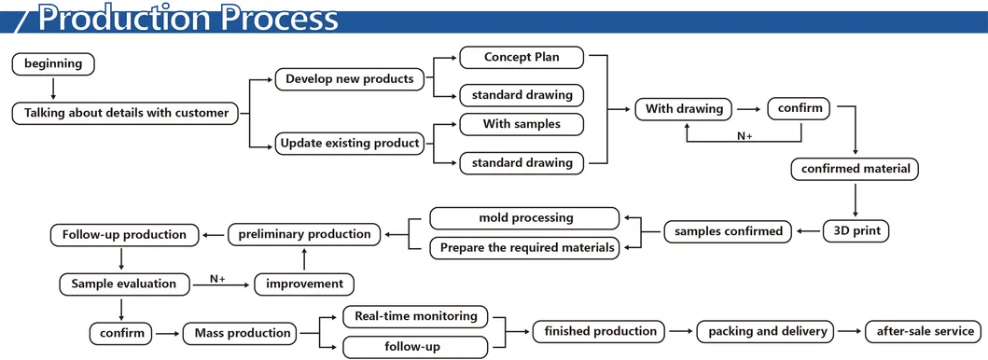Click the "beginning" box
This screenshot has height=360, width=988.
point(53,63)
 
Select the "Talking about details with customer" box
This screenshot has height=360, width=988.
point(126,113)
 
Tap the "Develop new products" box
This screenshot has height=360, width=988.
point(350,79)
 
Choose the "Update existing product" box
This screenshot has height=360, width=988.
point(350,144)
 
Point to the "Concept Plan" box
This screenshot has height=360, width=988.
point(522,57)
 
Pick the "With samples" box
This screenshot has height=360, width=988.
point(522,124)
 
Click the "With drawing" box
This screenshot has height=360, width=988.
point(684,109)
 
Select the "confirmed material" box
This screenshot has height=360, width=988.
point(855,169)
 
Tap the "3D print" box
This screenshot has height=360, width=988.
point(856,231)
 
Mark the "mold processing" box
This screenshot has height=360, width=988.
point(525,218)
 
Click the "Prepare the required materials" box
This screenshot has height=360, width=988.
point(525,247)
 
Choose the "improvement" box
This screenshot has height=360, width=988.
point(304,284)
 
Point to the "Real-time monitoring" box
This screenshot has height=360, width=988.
point(416,316)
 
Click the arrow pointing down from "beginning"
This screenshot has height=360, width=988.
point(53,89)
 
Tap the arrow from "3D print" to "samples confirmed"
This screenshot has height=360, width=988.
point(809,231)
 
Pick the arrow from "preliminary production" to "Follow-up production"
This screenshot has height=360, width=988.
point(213,235)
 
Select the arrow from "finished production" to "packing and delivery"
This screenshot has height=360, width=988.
point(680,332)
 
